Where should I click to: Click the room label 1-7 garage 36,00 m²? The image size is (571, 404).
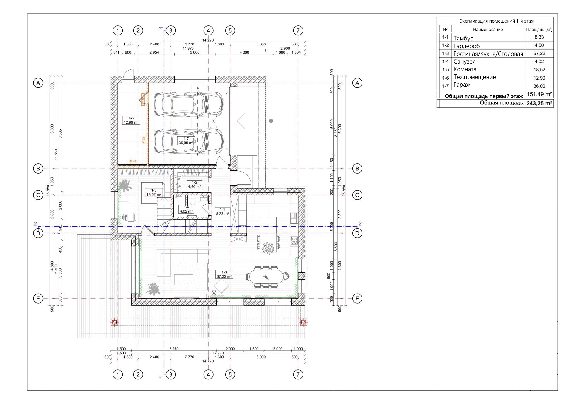(x=186, y=141)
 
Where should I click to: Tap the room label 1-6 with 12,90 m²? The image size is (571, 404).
(x=131, y=120)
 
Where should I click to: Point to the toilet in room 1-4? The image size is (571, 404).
(x=192, y=201)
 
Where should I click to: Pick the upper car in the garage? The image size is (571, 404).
(x=188, y=104)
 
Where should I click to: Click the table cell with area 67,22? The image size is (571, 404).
(x=539, y=54)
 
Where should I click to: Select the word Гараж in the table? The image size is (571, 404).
(x=462, y=85)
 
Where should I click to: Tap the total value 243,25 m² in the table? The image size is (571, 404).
(x=539, y=103)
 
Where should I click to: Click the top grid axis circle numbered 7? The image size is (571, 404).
(x=298, y=30)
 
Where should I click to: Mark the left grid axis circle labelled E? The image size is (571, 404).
(x=38, y=299)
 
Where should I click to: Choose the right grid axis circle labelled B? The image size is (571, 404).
(x=357, y=169)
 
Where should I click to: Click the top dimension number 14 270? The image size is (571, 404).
(x=208, y=40)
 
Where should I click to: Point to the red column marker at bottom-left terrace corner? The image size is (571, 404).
(x=114, y=322)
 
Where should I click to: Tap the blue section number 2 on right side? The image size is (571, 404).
(x=360, y=223)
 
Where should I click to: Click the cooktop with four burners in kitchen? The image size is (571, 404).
(x=294, y=241)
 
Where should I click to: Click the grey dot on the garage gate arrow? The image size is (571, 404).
(x=271, y=121)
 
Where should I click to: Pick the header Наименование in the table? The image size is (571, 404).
(x=488, y=29)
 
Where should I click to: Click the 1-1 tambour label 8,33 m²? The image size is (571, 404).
(x=222, y=211)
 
